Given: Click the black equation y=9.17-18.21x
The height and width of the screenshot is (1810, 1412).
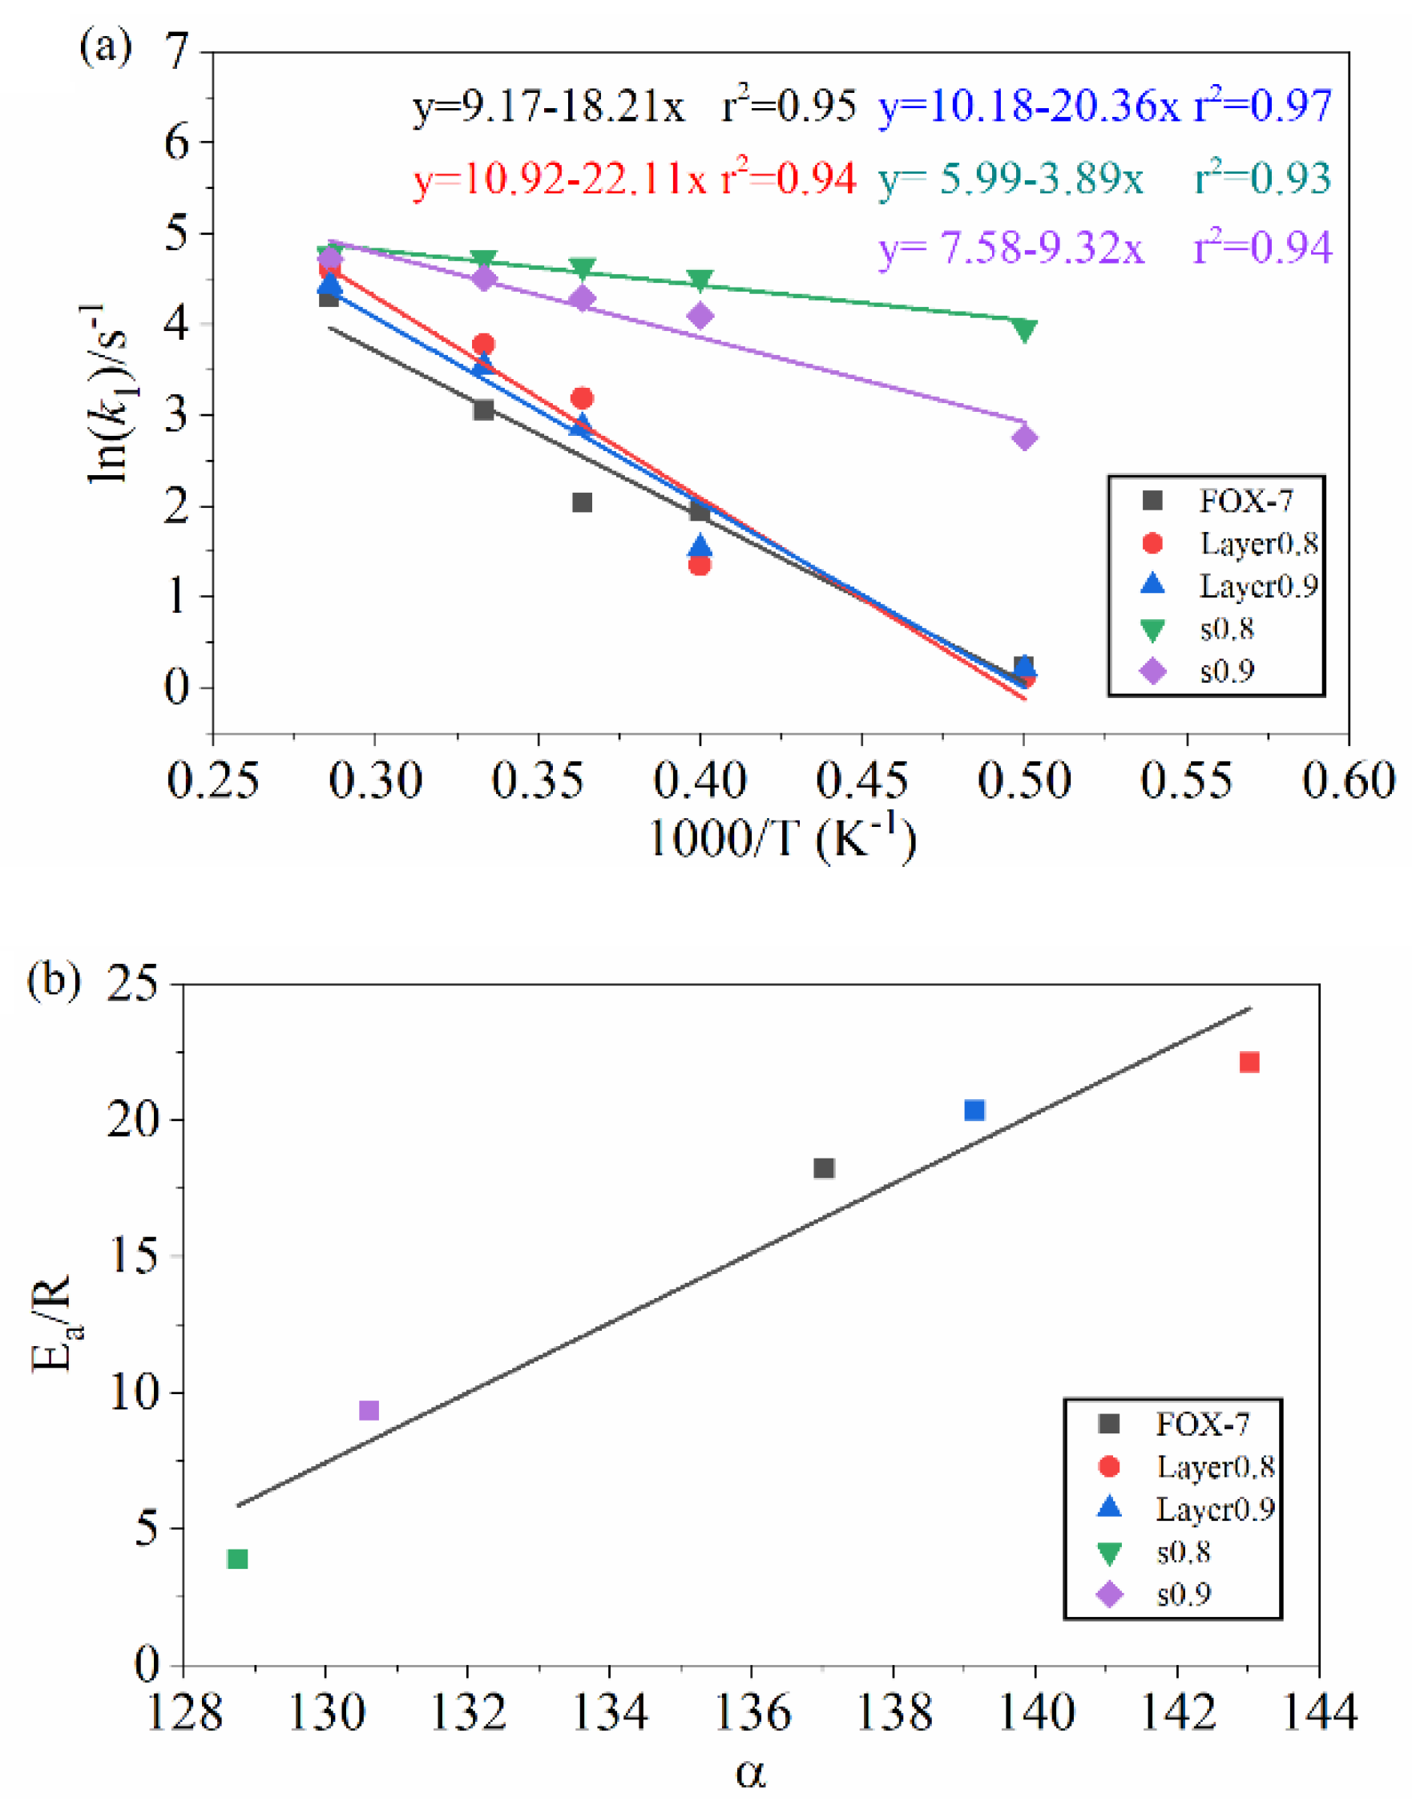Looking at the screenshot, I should pos(549,107).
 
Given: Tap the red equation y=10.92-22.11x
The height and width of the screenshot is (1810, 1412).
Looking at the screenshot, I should pos(560,179).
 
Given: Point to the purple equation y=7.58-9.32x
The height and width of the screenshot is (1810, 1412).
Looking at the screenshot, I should pos(1011,248).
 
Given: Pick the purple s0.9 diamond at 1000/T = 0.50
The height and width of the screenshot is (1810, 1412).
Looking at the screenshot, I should pos(1024,437).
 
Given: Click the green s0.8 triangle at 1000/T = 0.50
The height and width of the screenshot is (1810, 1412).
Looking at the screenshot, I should pos(1024,331).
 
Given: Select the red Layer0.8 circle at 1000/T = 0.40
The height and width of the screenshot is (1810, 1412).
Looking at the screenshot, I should pos(700,564).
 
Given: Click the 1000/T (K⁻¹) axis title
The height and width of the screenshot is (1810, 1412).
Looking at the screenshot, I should pos(782,839).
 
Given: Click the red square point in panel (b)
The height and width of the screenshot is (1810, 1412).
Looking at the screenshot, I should pos(1249,1062).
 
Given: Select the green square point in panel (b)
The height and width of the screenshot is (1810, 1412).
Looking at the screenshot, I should pos(238,1559).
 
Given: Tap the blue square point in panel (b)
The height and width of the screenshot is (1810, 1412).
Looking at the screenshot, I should pos(974,1110).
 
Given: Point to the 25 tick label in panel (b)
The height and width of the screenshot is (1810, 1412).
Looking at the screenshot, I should pos(132,986).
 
